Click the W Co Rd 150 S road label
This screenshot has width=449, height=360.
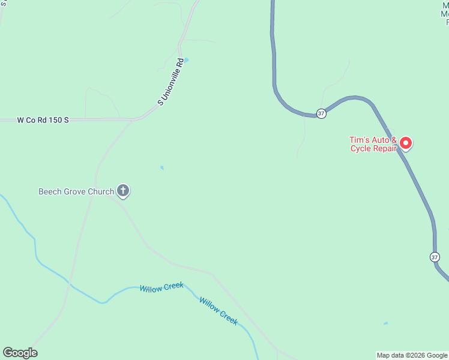(x=43, y=120)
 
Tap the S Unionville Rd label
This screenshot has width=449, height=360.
(x=170, y=82)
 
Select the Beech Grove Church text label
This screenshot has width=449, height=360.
(x=76, y=192)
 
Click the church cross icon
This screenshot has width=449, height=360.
(x=123, y=191)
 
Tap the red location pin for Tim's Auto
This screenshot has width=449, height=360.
(x=406, y=143)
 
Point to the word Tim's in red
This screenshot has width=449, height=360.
(x=361, y=140)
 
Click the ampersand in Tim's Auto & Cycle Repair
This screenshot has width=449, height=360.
(x=394, y=140)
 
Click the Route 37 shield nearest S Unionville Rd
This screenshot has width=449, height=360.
(x=322, y=113)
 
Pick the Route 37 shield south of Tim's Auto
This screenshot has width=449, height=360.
(x=435, y=257)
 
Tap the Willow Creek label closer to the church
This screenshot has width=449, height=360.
(x=161, y=288)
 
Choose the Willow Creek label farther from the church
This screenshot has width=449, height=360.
(x=218, y=311)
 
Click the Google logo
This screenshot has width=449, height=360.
(x=20, y=353)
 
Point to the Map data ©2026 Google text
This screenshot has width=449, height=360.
(x=412, y=355)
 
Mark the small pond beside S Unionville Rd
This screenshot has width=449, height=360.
(x=186, y=60)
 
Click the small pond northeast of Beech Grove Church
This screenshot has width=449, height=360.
(x=161, y=168)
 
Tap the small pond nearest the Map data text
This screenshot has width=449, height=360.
(x=385, y=324)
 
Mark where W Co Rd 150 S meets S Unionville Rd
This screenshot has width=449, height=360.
(x=133, y=119)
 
